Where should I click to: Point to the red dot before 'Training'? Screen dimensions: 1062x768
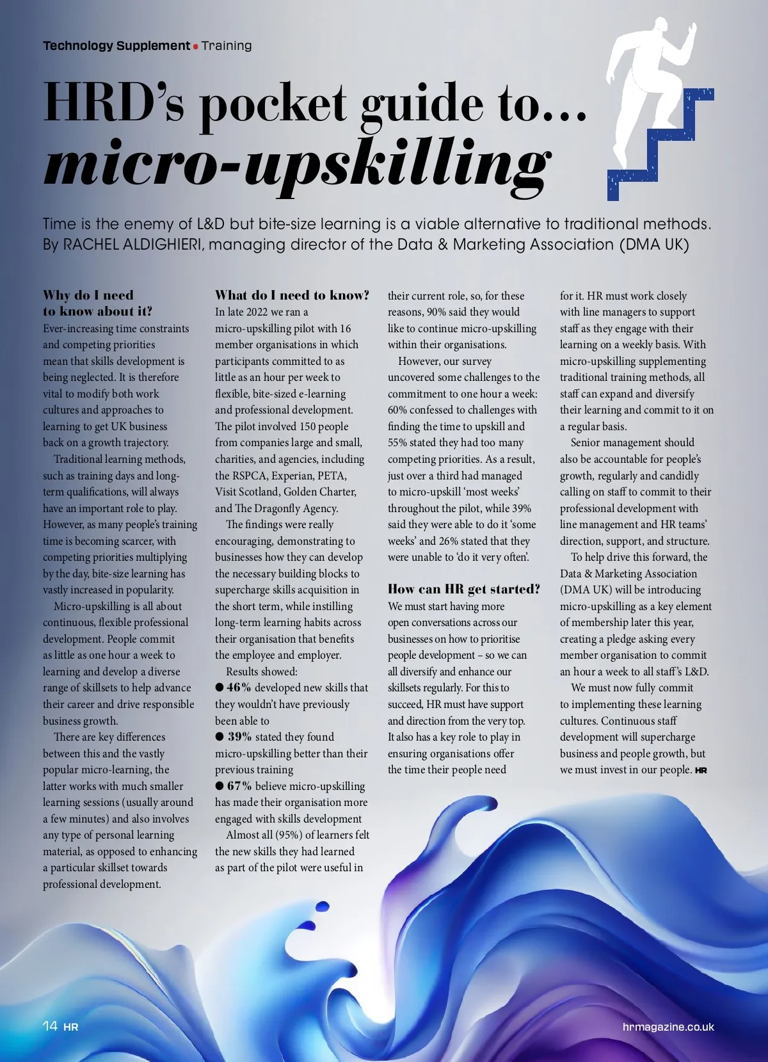[196, 46]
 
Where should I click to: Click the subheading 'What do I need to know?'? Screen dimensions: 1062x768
[292, 295]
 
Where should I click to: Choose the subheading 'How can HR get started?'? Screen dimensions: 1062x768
[463, 589]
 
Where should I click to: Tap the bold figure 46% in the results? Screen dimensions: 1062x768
[239, 688]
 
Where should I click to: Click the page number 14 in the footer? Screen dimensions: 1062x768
[50, 1026]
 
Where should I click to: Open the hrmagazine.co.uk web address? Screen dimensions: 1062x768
[668, 1027]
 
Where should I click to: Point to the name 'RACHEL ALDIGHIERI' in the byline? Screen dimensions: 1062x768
[134, 245]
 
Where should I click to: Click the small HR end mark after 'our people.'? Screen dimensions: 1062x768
[701, 771]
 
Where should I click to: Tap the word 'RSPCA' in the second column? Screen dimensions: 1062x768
[249, 476]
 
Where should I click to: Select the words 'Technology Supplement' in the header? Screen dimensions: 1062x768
[116, 45]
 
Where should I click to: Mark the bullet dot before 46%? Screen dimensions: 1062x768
[220, 688]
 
